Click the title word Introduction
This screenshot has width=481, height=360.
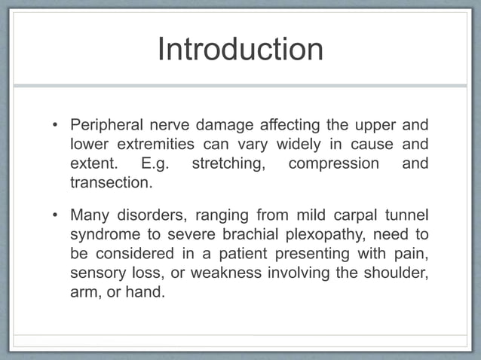(x=240, y=49)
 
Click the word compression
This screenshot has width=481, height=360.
(x=333, y=163)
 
